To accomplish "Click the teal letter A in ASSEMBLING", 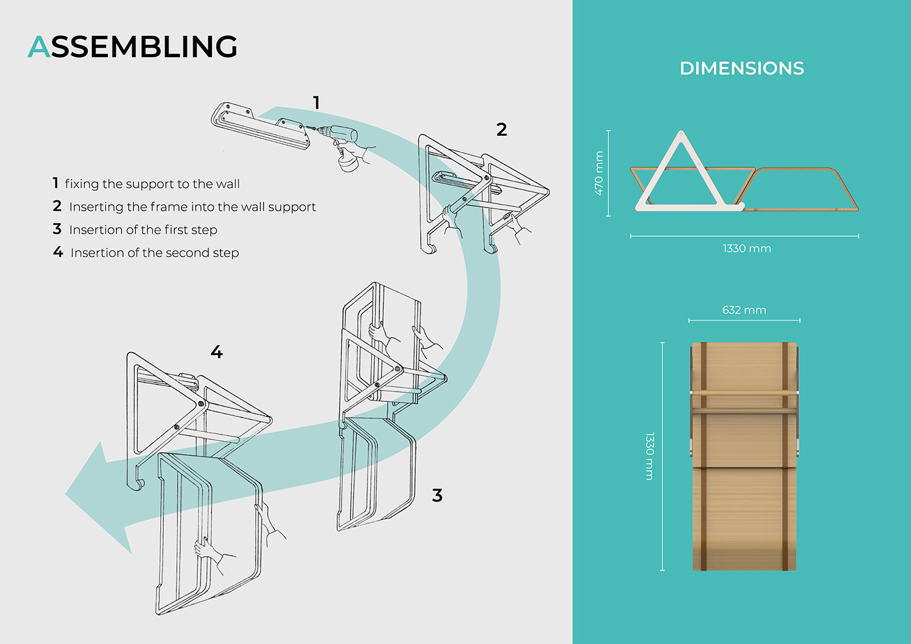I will point(39,47).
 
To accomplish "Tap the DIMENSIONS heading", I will point(742,68).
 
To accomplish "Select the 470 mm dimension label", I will point(599,173).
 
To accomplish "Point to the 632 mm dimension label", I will point(744,310).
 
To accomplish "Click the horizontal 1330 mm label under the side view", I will point(746,248).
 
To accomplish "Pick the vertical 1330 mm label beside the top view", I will point(649,456).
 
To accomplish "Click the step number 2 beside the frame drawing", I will point(502,130).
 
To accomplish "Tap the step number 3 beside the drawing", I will point(437,496).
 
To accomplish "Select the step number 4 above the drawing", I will point(217,353).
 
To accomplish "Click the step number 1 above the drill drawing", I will point(316,103).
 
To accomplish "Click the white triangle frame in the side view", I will point(681,176).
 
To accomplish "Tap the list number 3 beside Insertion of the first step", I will point(57,229).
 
